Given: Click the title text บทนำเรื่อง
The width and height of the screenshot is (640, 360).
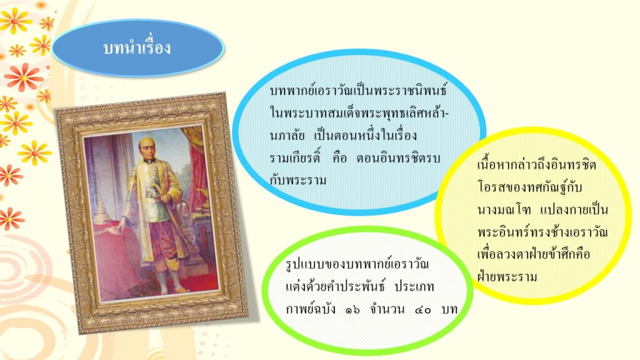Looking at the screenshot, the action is point(137,47).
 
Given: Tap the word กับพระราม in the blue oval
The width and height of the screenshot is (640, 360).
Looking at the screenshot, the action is point(298,179).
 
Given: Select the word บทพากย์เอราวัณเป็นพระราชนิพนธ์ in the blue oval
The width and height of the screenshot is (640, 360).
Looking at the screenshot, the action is point(358,89).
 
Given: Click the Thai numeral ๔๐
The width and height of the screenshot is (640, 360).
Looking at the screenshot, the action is point(423,310).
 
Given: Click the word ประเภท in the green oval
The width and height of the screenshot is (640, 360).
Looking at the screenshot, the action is point(414,286).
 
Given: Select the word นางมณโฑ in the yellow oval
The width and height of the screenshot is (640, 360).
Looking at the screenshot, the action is point(504,210).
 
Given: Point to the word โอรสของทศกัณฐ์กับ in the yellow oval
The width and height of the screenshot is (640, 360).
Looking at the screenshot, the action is point(529,187).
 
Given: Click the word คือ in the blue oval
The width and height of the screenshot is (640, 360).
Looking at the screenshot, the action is point(339,157).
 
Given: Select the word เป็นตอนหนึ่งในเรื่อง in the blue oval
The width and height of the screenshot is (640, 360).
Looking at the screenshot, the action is point(366,134).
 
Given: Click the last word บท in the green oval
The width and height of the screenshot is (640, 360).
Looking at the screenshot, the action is point(449,309).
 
